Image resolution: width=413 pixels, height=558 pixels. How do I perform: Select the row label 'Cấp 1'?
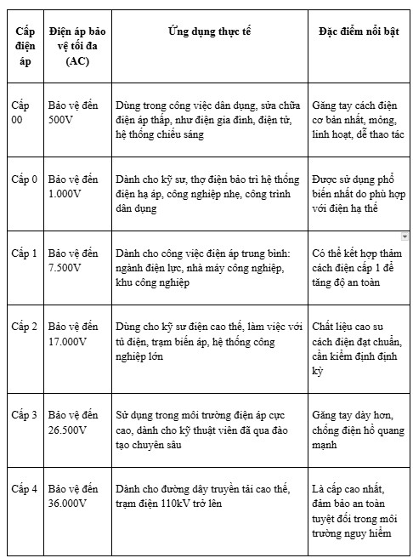point(24,253)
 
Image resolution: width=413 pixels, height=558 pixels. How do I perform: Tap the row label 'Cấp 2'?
point(24,327)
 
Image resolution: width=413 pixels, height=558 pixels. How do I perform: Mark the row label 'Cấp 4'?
point(24,489)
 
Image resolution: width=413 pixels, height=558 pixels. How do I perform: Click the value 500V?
point(63,120)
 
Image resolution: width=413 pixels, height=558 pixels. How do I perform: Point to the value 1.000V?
point(66,193)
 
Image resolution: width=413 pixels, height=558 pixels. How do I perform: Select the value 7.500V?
point(66,268)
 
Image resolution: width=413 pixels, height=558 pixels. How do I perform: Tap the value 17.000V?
point(69,341)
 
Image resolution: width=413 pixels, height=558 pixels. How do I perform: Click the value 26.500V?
point(69,430)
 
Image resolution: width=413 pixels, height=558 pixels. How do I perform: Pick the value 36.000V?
point(69,504)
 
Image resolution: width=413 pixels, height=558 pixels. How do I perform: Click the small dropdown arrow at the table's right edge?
point(405,235)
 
